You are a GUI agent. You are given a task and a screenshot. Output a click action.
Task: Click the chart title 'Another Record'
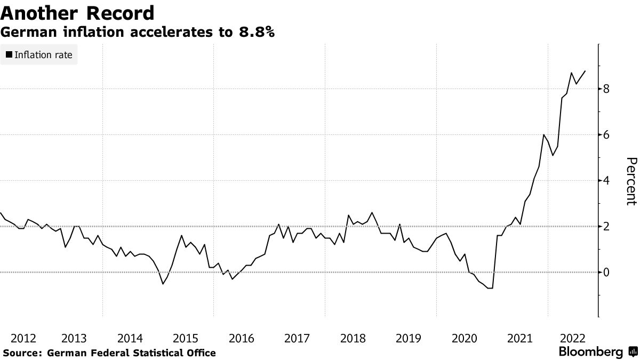78,13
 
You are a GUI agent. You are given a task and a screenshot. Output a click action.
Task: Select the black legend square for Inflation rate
9,54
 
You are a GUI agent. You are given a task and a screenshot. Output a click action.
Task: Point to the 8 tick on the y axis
606,89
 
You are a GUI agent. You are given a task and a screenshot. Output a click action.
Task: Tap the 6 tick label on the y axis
606,135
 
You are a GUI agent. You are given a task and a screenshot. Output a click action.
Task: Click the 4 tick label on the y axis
606,181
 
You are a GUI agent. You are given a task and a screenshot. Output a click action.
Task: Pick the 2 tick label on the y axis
606,227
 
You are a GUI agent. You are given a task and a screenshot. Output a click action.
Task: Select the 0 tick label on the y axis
606,273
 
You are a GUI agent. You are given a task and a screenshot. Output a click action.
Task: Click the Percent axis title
631,181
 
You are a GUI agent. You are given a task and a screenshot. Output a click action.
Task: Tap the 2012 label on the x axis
23,338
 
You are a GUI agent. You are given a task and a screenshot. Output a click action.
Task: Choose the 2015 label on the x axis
186,338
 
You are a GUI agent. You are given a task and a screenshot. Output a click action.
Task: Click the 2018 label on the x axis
353,338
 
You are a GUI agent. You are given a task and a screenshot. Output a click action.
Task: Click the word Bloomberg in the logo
590,352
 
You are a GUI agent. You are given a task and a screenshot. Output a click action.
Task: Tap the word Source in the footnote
22,353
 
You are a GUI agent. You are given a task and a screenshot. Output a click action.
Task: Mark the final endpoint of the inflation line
585,71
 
